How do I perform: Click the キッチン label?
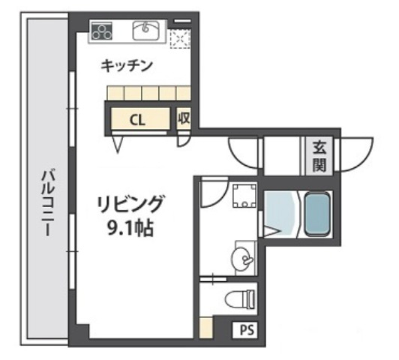click(x=127, y=66)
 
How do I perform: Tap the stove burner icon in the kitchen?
click(x=100, y=31)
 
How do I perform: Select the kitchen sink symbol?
click(x=145, y=30)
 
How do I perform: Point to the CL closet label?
click(x=137, y=118)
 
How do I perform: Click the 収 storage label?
click(x=184, y=118)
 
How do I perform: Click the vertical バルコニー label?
click(x=46, y=203)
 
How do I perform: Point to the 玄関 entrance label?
click(x=319, y=156)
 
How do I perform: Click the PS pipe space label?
click(x=246, y=328)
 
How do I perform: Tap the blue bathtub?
click(x=317, y=213)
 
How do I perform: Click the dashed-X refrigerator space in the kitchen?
click(x=180, y=37)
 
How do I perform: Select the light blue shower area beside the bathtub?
click(x=280, y=213)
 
